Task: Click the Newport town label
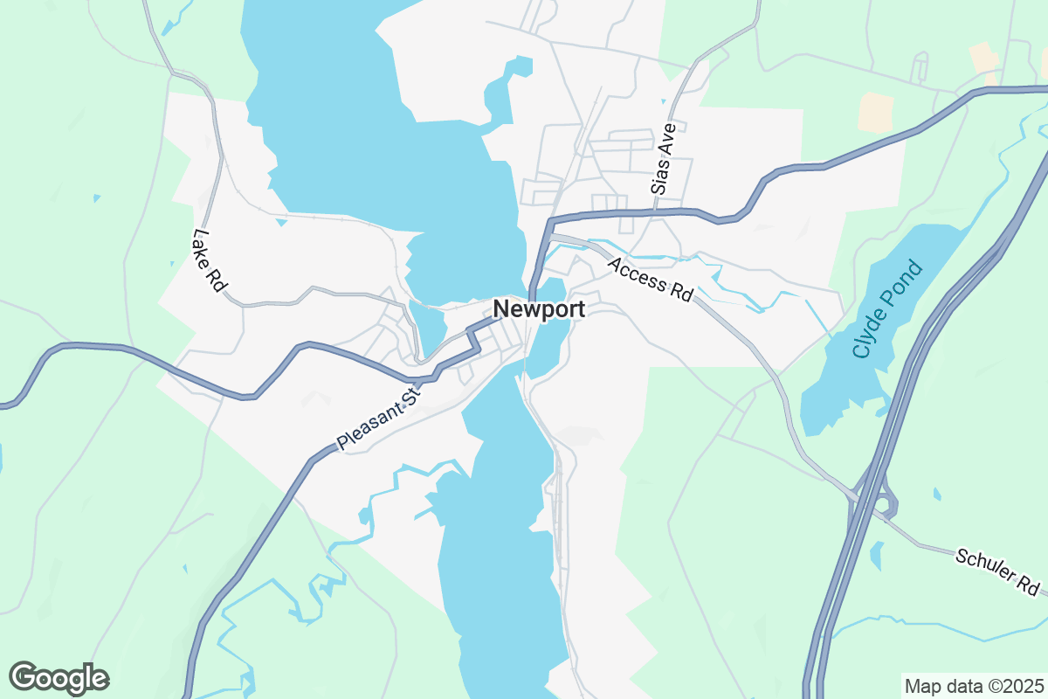coord(539,308)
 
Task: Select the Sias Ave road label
coord(664,158)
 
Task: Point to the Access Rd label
coord(650,280)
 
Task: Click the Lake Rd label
coord(209,260)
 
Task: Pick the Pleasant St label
coord(379,421)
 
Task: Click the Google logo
coord(59,678)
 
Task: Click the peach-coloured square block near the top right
coord(875,112)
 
